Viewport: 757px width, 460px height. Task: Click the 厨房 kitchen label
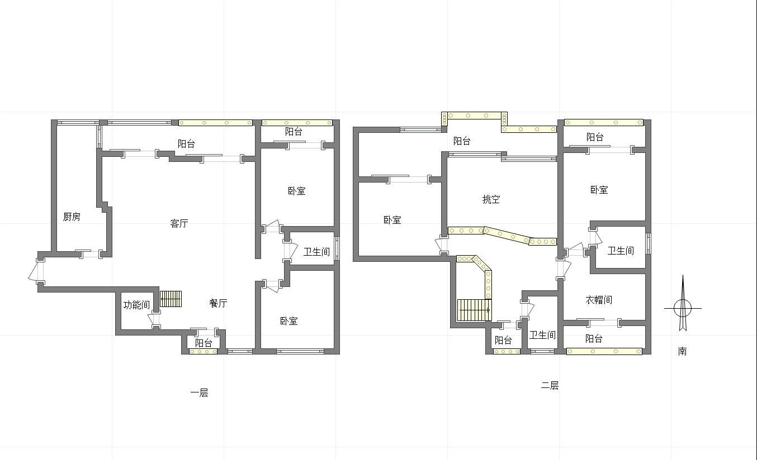pyautogui.click(x=72, y=217)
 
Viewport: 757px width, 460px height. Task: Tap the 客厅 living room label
pyautogui.click(x=179, y=223)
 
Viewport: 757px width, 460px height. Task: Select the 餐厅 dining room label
pyautogui.click(x=218, y=303)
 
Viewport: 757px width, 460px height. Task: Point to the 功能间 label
pyautogui.click(x=136, y=305)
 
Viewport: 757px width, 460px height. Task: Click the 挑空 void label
pyautogui.click(x=491, y=199)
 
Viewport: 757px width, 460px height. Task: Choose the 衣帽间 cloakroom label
pyautogui.click(x=599, y=300)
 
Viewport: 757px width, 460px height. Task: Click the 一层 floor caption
pyautogui.click(x=199, y=393)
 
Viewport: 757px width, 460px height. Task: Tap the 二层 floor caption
pyautogui.click(x=550, y=385)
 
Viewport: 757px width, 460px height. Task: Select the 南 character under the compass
pyautogui.click(x=682, y=351)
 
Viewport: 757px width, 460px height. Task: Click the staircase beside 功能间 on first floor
pyautogui.click(x=171, y=299)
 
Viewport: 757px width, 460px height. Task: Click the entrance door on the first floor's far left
pyautogui.click(x=36, y=271)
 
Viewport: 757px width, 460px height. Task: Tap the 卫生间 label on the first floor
pyautogui.click(x=316, y=252)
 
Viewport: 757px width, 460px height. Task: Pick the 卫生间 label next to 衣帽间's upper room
pyautogui.click(x=621, y=251)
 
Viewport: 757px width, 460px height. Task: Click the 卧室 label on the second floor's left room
pyautogui.click(x=392, y=220)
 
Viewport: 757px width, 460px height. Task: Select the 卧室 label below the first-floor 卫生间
pyautogui.click(x=289, y=320)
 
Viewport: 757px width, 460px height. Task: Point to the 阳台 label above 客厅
pyautogui.click(x=187, y=144)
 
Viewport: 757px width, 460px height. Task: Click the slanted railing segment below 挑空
pyautogui.click(x=507, y=234)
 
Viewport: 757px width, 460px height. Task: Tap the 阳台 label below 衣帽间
pyautogui.click(x=594, y=338)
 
